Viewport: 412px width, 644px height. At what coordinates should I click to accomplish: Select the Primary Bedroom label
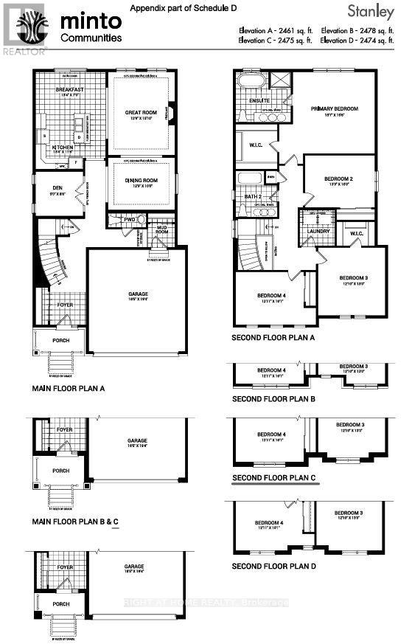point(334,108)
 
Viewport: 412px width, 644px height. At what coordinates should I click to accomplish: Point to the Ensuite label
point(258,100)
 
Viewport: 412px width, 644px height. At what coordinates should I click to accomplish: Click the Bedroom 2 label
point(339,179)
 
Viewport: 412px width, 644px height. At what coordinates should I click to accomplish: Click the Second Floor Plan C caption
point(273,477)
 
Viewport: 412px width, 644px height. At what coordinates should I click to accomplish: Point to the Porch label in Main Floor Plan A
point(60,340)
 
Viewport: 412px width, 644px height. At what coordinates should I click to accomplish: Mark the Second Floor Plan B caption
point(273,398)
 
